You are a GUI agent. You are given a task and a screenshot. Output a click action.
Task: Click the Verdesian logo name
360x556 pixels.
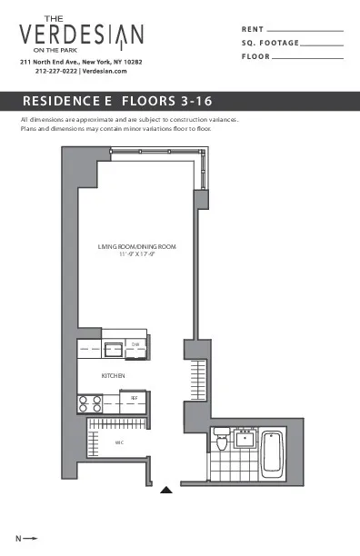tap(80, 35)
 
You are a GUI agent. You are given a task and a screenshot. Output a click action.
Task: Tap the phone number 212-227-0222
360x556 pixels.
tap(57, 70)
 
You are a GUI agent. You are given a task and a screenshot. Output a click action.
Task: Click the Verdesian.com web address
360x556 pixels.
tap(107, 70)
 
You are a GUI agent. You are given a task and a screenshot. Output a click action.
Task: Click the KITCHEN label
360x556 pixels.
tap(113, 375)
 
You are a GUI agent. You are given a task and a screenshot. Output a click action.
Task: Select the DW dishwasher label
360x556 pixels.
tap(135, 344)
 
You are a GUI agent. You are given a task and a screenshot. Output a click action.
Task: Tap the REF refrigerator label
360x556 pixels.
tap(135, 398)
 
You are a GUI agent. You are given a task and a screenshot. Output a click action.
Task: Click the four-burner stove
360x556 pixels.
tap(89, 402)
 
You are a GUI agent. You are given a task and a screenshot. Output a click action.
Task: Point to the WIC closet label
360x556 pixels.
tap(119, 442)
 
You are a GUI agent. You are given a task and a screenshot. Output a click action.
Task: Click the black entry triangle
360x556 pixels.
tap(165, 491)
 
